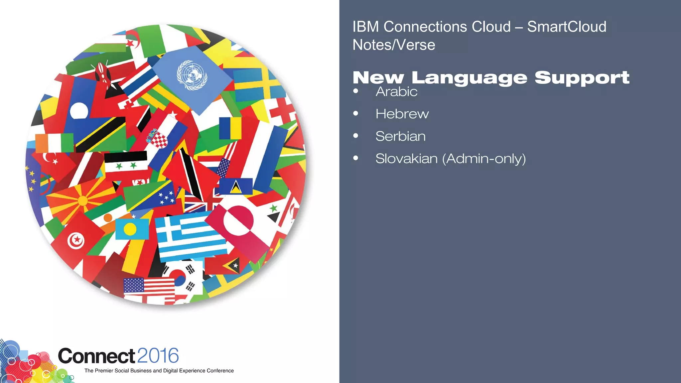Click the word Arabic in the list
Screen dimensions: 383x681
pos(396,91)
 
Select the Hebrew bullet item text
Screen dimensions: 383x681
pos(402,114)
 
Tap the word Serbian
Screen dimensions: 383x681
pos(400,136)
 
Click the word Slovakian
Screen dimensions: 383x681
pos(406,159)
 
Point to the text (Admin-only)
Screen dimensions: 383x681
pos(484,159)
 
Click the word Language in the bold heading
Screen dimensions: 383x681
pos(469,78)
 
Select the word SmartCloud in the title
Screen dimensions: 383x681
pos(567,27)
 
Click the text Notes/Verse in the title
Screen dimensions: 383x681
pos(394,45)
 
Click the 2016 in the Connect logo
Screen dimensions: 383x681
pos(158,356)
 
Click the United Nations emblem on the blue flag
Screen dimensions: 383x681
pos(192,75)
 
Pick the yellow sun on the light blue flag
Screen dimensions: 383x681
pos(130,229)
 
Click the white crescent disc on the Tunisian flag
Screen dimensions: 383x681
pos(76,240)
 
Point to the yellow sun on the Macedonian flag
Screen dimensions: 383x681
pos(82,201)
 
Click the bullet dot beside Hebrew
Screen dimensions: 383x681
pos(356,114)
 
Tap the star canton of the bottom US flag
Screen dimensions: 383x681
pos(134,285)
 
